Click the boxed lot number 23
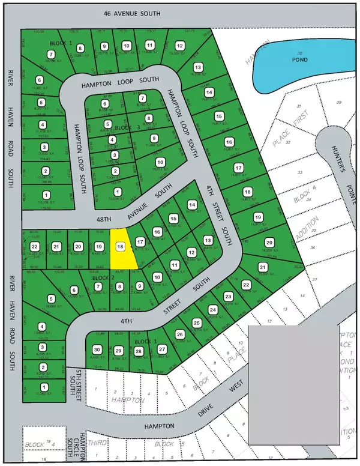[228, 297]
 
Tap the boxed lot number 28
[139, 351]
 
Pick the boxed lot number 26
[179, 334]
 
